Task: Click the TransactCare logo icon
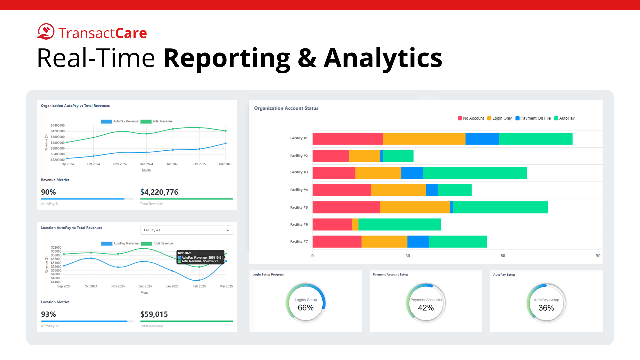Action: click(46, 32)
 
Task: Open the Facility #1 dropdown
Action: click(186, 230)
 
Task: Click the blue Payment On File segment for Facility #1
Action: click(482, 139)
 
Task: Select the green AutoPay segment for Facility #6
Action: click(399, 224)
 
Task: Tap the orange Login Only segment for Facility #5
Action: click(415, 207)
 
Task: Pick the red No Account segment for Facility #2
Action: click(331, 156)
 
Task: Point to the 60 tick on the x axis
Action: click(503, 256)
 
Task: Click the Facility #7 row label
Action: click(299, 241)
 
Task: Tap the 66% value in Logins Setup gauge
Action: click(306, 308)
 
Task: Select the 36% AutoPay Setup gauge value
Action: click(546, 308)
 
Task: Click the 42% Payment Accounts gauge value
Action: click(426, 308)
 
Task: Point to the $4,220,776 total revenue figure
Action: click(159, 192)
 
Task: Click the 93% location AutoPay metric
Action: click(48, 314)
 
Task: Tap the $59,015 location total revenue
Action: click(154, 314)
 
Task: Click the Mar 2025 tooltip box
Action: click(200, 257)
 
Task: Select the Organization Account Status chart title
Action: click(286, 108)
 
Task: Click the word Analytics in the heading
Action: click(383, 58)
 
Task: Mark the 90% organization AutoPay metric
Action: click(48, 192)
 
